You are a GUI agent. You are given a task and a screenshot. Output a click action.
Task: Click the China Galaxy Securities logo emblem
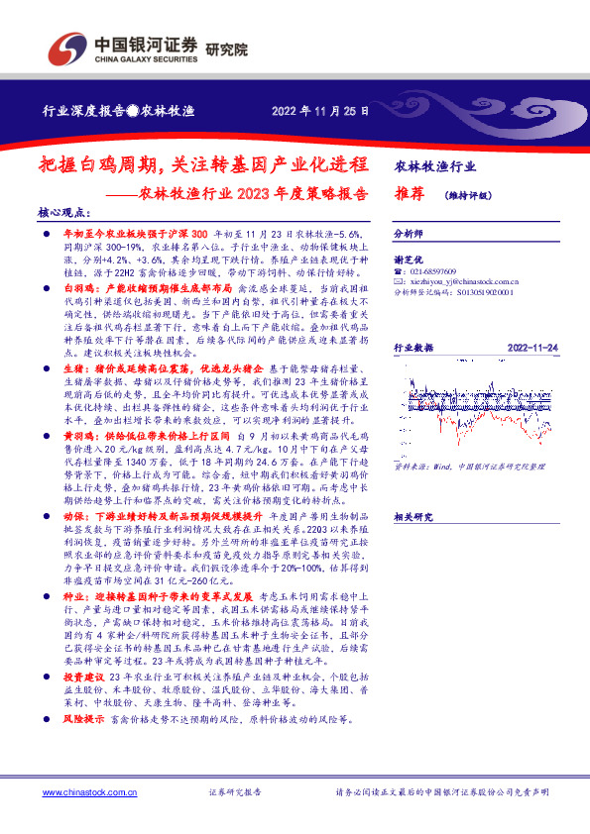click(x=68, y=46)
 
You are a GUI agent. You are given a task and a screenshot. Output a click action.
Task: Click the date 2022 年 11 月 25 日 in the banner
click(x=320, y=111)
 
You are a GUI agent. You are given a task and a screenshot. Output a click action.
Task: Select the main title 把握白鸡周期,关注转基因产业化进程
click(x=209, y=165)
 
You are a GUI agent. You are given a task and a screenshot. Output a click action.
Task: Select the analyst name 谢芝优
click(x=409, y=257)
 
